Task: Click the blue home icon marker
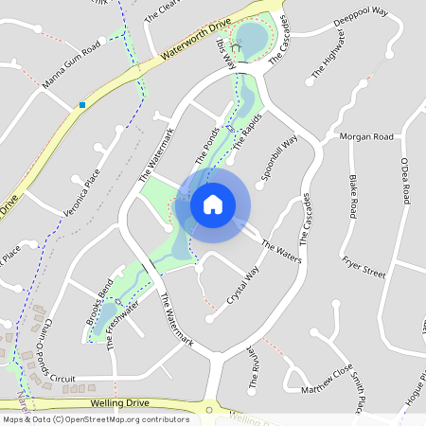tap(213, 204)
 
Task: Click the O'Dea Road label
tap(404, 181)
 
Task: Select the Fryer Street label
tap(364, 268)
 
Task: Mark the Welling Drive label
tap(122, 403)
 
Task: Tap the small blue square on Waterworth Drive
tap(82, 104)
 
